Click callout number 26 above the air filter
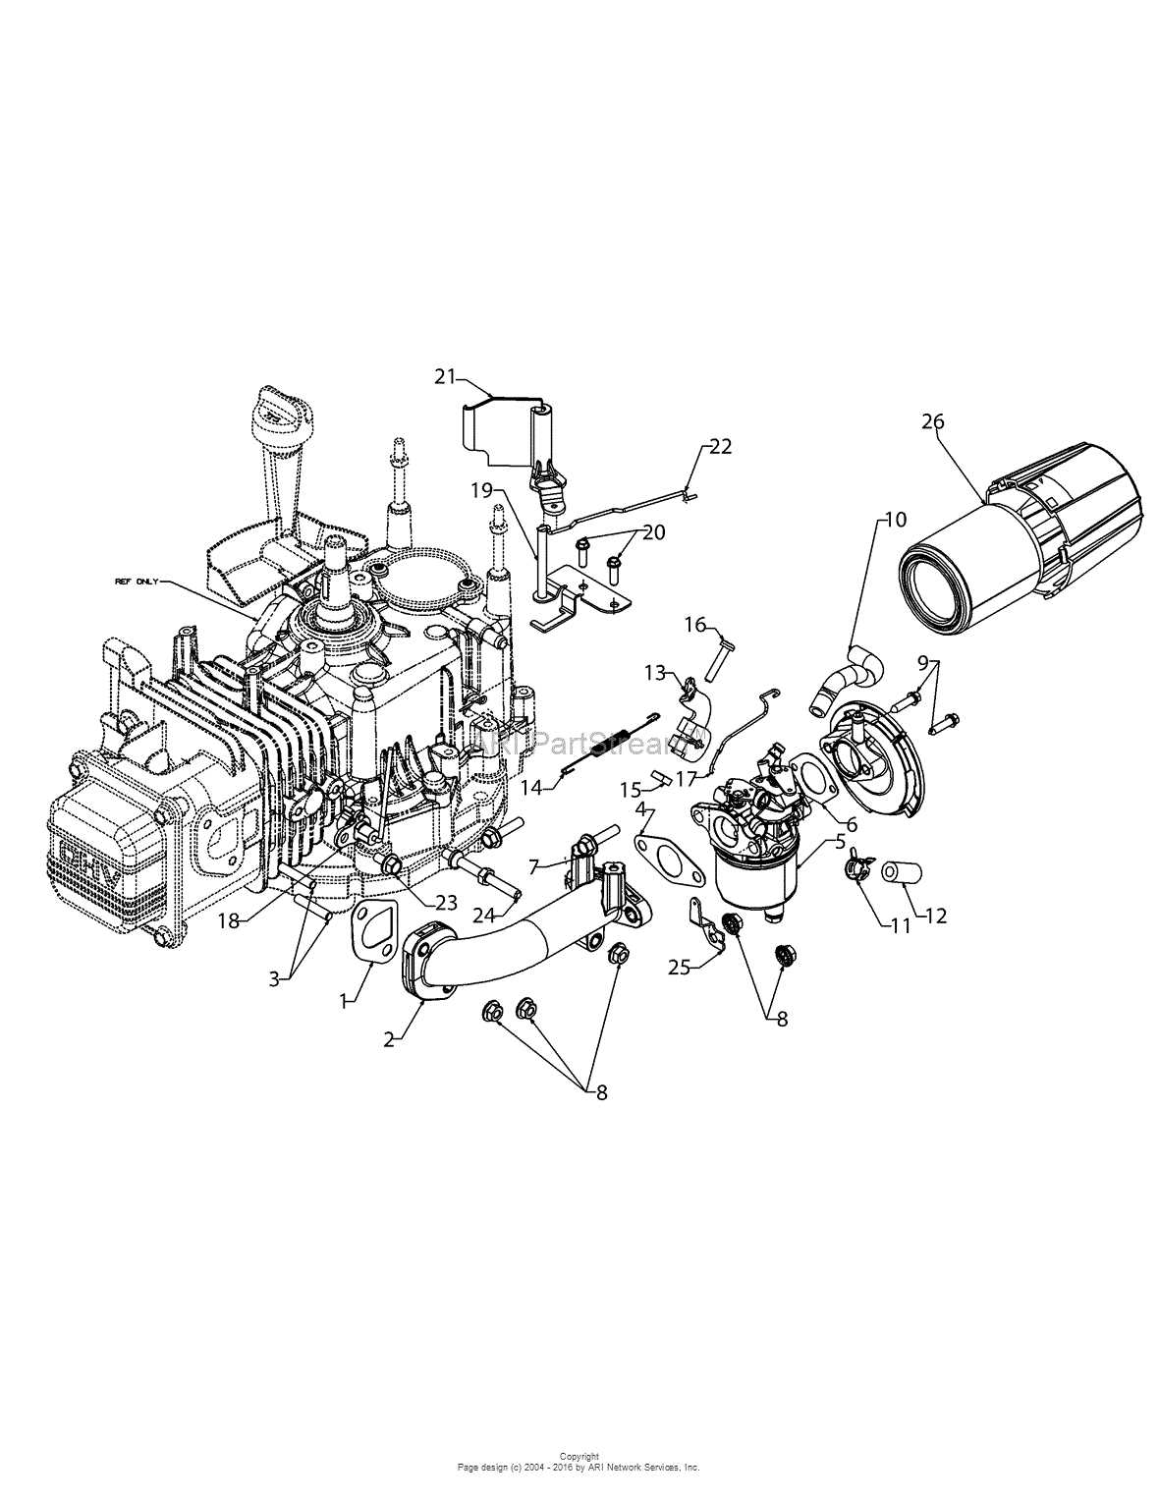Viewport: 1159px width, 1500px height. (x=932, y=421)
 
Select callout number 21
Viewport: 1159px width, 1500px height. (x=446, y=375)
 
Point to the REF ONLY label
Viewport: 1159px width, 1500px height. (x=136, y=583)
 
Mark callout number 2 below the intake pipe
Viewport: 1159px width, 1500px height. (x=390, y=1039)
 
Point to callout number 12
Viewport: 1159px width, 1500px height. (x=935, y=916)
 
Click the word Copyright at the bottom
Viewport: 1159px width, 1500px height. (x=579, y=1457)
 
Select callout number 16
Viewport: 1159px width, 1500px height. (x=695, y=624)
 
